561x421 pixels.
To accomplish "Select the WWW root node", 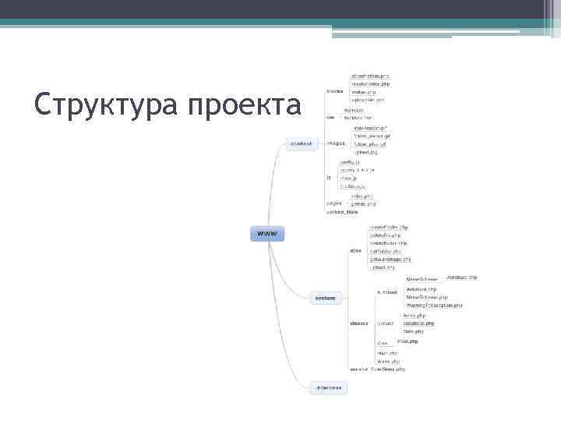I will tap(266, 233).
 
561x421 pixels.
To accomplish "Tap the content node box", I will tap(301, 143).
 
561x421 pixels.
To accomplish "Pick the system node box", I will tap(325, 298).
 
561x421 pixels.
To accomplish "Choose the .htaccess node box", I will tap(327, 387).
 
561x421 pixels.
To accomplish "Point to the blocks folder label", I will tap(334, 90).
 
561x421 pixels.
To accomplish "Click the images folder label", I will tap(336, 143).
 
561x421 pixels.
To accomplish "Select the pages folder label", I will tap(333, 203).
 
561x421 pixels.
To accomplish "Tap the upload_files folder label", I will tap(342, 212).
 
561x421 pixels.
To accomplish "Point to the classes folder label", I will tap(359, 322).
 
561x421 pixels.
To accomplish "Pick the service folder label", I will tap(359, 369).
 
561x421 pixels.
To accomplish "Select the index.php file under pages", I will tap(363, 196).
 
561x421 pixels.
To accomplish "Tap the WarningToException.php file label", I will tap(436, 306).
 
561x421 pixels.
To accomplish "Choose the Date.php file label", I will tap(414, 331).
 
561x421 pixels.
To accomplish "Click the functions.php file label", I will tap(389, 369).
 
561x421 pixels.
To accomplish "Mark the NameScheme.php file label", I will tap(426, 297).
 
